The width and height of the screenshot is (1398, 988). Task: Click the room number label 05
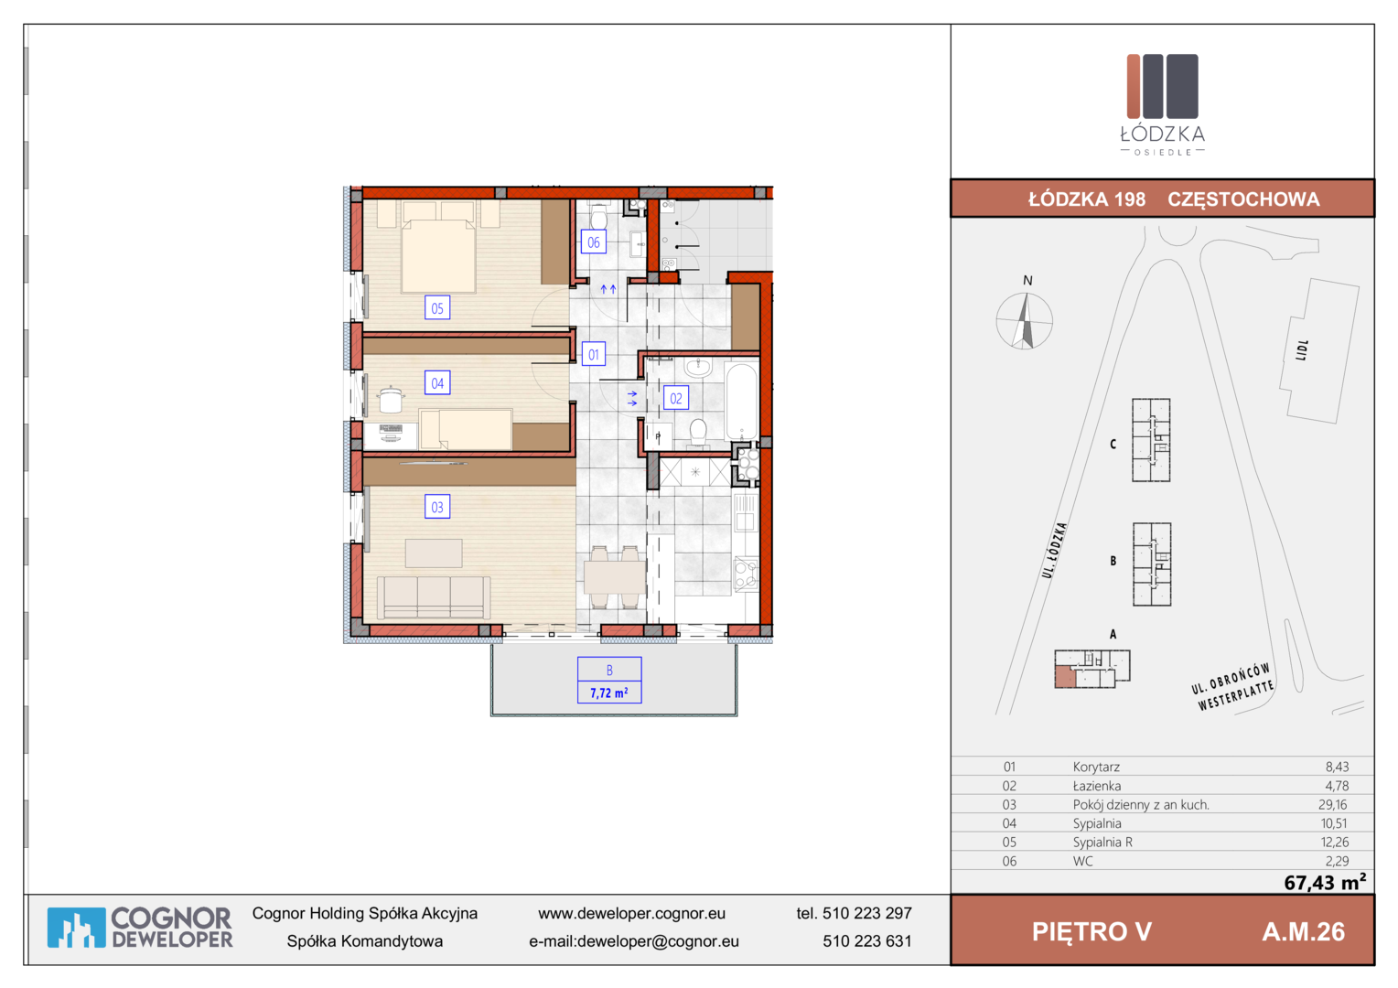click(x=437, y=307)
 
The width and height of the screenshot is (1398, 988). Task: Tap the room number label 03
click(x=437, y=507)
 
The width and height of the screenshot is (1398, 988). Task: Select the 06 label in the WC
click(x=593, y=242)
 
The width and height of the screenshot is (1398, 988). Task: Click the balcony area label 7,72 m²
click(x=609, y=693)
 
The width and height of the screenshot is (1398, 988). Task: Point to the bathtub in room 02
click(x=741, y=402)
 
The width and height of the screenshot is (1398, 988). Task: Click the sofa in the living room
click(x=433, y=597)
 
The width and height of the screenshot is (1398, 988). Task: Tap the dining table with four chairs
click(x=615, y=577)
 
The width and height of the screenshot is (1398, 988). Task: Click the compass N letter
click(x=1027, y=280)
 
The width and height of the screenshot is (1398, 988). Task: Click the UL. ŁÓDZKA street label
click(x=1054, y=550)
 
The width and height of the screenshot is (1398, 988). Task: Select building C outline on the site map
click(x=1151, y=440)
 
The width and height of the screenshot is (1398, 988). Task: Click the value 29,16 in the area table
click(x=1332, y=804)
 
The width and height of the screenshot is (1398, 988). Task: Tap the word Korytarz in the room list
click(x=1096, y=767)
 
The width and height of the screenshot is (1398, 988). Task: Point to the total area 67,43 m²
click(x=1325, y=882)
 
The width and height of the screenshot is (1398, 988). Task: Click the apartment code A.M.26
click(x=1303, y=932)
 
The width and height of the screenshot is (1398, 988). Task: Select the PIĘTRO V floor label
click(x=1092, y=932)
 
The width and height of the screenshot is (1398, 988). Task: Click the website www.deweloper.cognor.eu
click(x=631, y=914)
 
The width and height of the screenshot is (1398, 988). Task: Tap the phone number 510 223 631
click(x=866, y=941)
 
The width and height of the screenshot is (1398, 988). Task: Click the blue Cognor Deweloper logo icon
click(x=76, y=928)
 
